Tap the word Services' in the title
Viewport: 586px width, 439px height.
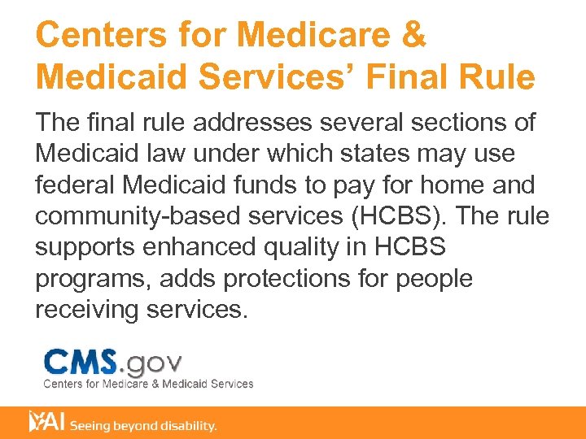tap(276, 78)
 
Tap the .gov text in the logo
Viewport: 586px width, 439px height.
tap(152, 363)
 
